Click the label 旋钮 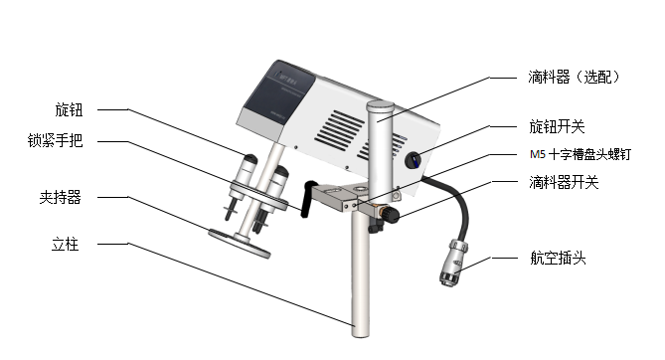(x=69, y=110)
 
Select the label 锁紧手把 (x=55, y=140)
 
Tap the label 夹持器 (x=60, y=197)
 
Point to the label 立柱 (x=65, y=244)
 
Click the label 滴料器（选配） (x=575, y=77)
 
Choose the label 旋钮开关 (x=557, y=126)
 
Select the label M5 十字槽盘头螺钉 (x=581, y=154)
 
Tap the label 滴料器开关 (x=564, y=183)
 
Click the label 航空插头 (x=558, y=258)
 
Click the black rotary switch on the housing (x=414, y=160)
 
